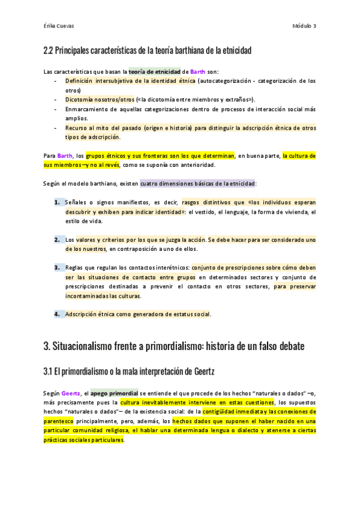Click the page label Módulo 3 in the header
click(x=304, y=26)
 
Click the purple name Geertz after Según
click(x=71, y=393)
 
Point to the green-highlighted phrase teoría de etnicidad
click(x=155, y=71)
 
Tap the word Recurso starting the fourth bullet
click(x=76, y=128)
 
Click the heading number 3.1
click(x=49, y=371)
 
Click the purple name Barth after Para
click(x=65, y=156)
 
